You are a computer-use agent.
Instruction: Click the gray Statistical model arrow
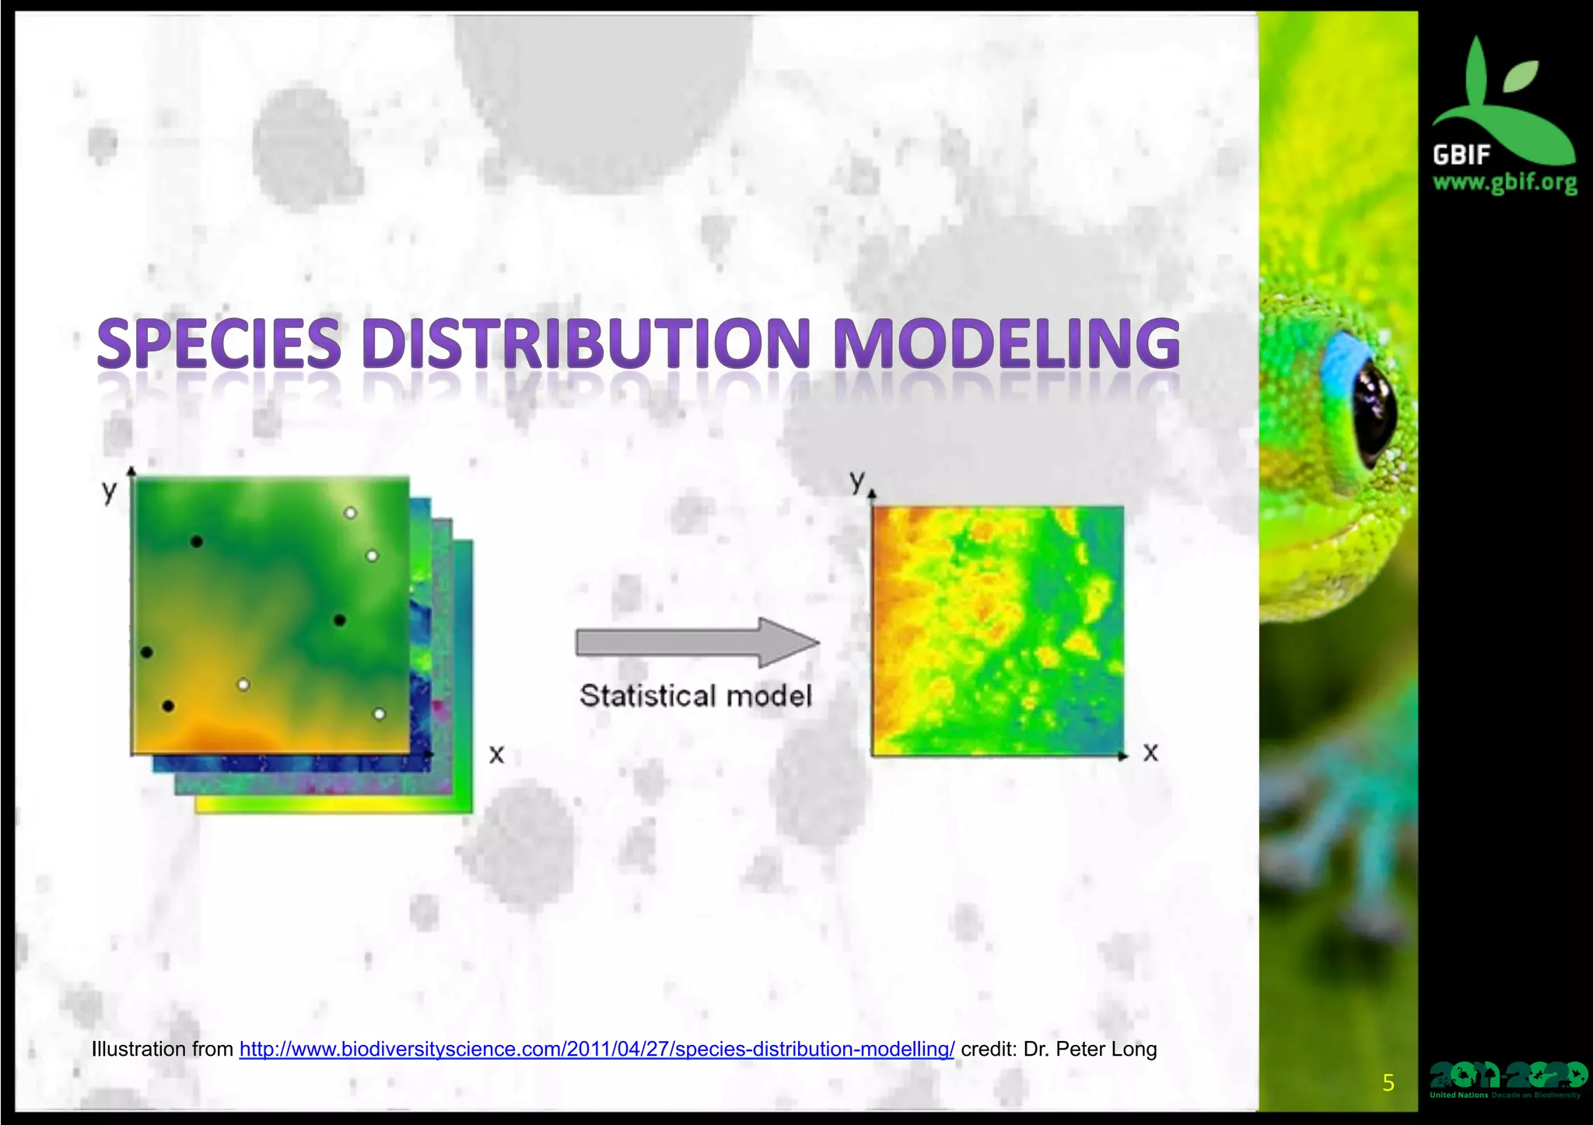coord(697,643)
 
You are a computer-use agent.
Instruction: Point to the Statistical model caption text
coord(695,695)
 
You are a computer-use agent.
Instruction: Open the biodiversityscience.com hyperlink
coord(597,1049)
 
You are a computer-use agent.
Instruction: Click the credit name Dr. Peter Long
coord(1090,1049)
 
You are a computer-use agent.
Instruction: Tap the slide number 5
coord(1388,1083)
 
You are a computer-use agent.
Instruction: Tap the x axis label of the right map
coord(1150,752)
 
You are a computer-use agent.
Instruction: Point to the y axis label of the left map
coord(110,491)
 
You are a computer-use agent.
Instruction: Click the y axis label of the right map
coord(857,480)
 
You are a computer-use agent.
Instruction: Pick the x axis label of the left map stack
coord(496,753)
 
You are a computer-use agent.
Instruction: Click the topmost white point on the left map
coord(351,513)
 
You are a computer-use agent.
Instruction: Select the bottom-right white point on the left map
coord(379,714)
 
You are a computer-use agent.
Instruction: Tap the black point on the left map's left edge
coord(146,652)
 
